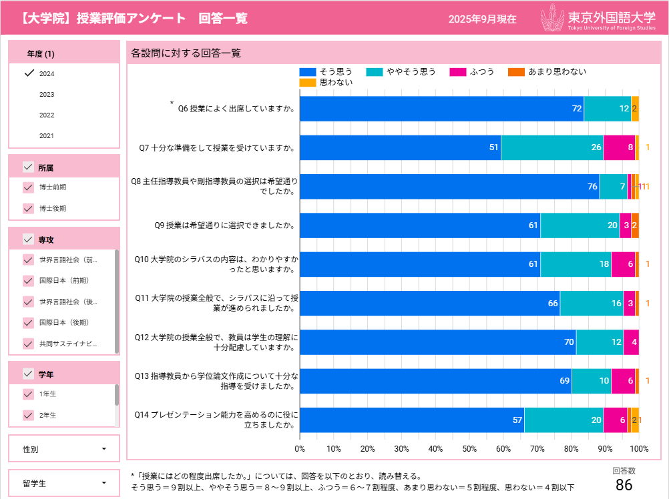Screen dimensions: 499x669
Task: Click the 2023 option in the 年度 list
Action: (x=47, y=94)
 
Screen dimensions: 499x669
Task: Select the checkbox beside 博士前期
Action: (x=28, y=187)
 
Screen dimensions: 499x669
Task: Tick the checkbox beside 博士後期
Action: (x=28, y=208)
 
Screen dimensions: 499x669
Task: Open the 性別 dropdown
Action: (x=64, y=449)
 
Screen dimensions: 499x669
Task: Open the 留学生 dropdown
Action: (x=64, y=482)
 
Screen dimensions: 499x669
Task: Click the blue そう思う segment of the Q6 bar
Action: (x=441, y=109)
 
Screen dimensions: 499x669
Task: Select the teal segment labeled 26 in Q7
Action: (x=552, y=147)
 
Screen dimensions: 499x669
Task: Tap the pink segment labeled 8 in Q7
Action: (x=619, y=147)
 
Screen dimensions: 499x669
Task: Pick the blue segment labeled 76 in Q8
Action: (x=449, y=186)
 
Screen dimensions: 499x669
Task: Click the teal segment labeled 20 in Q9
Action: (x=580, y=225)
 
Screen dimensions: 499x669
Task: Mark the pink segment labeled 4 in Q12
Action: (x=631, y=342)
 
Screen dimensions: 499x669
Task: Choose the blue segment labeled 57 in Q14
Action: (x=411, y=420)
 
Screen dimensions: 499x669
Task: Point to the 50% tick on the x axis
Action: (x=469, y=448)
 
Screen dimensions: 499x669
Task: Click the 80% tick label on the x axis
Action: (x=571, y=448)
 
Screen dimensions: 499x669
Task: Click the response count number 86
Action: (x=624, y=485)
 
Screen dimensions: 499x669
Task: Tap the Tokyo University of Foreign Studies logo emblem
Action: (x=552, y=18)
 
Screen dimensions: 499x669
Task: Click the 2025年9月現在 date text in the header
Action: (x=482, y=19)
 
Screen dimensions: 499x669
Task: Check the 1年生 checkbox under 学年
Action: (x=28, y=394)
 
